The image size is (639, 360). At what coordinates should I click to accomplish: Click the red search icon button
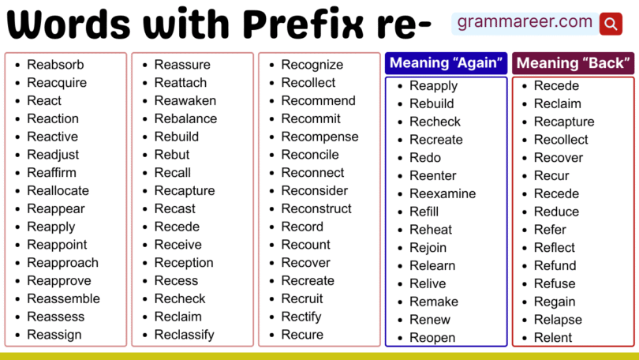click(611, 24)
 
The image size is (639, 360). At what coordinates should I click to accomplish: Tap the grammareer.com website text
click(525, 22)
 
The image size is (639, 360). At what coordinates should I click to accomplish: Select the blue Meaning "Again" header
click(446, 63)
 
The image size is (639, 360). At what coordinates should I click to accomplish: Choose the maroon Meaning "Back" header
click(573, 63)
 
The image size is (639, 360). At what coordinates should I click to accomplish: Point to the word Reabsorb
click(55, 65)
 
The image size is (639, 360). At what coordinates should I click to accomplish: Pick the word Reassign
click(54, 335)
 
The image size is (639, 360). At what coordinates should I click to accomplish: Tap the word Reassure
click(182, 65)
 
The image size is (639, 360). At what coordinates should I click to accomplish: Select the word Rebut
click(172, 155)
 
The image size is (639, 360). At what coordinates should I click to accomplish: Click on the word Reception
click(184, 263)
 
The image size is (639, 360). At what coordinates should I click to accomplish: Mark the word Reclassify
click(184, 335)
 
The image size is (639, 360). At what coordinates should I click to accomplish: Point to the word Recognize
click(312, 65)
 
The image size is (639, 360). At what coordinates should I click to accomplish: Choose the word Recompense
click(319, 137)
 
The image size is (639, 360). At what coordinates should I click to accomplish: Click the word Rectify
click(301, 317)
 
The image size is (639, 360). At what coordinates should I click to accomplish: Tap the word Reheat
click(431, 230)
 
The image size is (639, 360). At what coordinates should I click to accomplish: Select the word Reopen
click(432, 338)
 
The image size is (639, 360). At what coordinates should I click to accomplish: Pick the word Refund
click(555, 266)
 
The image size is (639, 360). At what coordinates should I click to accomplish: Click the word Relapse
click(558, 320)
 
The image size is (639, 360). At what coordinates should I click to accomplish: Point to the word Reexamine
click(443, 193)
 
